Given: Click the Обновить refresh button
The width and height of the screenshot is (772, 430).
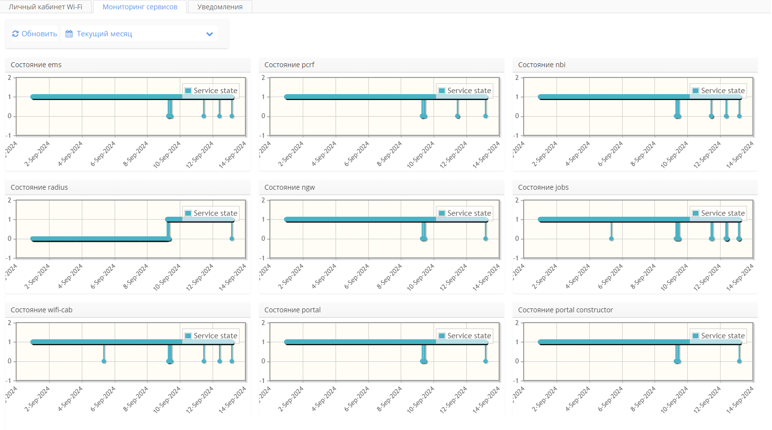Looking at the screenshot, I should tap(34, 34).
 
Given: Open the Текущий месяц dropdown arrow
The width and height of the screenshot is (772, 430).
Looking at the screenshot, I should tap(210, 34).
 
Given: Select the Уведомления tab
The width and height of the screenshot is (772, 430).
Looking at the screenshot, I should tap(220, 7).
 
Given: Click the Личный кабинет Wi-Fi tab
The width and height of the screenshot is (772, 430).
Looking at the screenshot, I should tap(46, 7).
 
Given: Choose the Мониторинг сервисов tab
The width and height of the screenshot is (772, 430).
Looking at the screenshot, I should tap(140, 7).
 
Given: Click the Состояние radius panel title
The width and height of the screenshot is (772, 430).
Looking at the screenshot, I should tap(39, 187).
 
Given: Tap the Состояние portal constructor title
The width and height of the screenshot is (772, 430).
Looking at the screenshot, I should tap(565, 310).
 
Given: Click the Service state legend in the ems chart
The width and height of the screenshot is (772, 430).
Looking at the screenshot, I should tap(211, 91).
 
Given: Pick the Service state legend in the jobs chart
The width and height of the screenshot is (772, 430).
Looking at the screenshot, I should tap(719, 213).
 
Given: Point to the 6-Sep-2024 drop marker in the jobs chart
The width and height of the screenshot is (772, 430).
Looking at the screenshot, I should tap(611, 239).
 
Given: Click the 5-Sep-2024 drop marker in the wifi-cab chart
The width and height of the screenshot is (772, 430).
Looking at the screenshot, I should tap(104, 361).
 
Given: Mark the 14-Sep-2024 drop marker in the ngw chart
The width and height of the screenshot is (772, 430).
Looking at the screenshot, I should tap(485, 239).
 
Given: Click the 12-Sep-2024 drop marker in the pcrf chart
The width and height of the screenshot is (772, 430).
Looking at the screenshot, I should tap(458, 116).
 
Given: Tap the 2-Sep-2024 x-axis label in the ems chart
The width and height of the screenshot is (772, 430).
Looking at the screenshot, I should tap(37, 154).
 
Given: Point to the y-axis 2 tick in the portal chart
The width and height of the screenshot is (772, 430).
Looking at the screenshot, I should tap(263, 323).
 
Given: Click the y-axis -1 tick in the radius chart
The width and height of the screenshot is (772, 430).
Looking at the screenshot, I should tap(8, 258).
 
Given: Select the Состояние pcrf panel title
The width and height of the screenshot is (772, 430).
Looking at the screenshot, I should tap(289, 65).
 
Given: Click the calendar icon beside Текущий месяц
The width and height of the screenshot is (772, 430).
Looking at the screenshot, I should tap(69, 34).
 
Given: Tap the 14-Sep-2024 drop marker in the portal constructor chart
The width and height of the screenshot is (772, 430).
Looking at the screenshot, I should tap(739, 361).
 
